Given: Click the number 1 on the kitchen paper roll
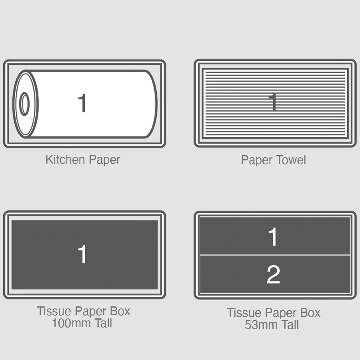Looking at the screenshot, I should point(82,103).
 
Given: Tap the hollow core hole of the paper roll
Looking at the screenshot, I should point(25,104).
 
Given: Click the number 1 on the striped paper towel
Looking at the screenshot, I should point(273,102).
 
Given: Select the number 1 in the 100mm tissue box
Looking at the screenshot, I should point(82,254).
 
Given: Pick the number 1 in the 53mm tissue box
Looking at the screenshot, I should point(273,237).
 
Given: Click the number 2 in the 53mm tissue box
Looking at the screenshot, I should point(273,275).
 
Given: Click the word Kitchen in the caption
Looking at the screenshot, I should point(66,160).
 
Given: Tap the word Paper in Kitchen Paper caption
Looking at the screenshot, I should point(104,160).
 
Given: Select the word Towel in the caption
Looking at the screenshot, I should point(290,160).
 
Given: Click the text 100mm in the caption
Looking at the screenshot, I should point(71,323).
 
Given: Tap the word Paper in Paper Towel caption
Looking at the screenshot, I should point(256,160).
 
